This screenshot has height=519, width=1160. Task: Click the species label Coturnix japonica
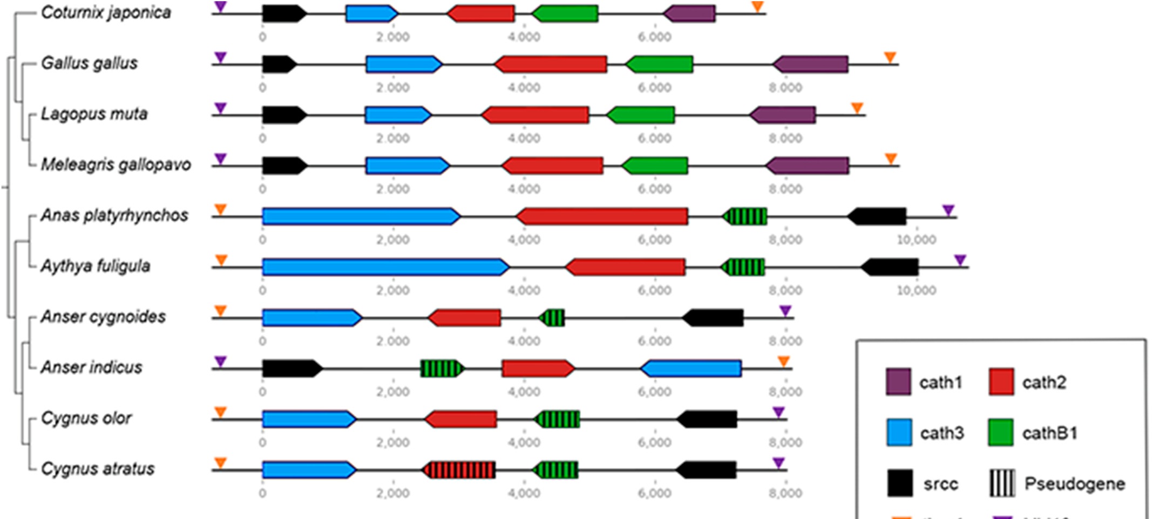pos(106,12)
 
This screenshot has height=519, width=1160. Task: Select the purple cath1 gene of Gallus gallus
pos(810,64)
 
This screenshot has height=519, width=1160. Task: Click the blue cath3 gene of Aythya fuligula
pos(385,267)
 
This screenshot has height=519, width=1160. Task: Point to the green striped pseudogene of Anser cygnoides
pos(552,318)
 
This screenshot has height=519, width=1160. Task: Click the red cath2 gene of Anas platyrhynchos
pos(602,216)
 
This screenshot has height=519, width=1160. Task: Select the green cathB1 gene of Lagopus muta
pos(641,115)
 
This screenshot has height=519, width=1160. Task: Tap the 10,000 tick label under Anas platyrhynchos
pos(916,240)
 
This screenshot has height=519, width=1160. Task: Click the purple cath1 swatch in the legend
pos(898,382)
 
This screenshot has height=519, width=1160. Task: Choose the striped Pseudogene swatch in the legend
pos(1002,483)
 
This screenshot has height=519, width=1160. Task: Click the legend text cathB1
pos(1049,433)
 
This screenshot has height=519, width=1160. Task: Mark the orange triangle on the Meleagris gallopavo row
pos(891,159)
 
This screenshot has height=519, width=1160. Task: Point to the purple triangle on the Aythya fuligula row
pos(960,260)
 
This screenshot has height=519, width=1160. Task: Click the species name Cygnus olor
pos(86,418)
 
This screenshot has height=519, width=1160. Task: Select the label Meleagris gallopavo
pos(116,165)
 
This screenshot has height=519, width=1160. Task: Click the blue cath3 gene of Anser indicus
pos(691,368)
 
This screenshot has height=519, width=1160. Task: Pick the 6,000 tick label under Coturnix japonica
pos(654,37)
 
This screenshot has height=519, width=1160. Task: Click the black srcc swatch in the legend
pos(899,483)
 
